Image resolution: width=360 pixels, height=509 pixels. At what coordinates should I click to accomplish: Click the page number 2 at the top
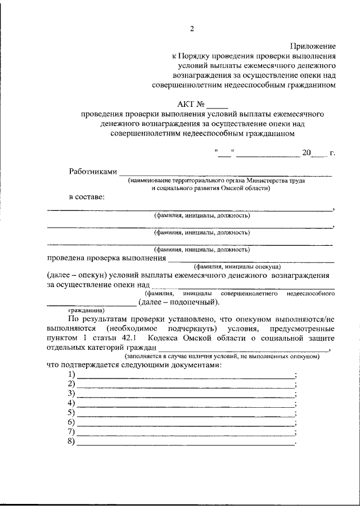[191, 29]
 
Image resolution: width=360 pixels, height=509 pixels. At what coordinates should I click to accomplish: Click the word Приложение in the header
[313, 46]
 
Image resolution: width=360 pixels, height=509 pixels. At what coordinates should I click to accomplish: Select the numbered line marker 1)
[71, 375]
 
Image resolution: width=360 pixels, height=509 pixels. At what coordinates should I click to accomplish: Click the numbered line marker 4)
[71, 403]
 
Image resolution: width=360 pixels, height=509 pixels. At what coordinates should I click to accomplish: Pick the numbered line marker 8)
[71, 441]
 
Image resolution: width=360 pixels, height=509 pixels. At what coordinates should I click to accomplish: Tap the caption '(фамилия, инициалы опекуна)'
[237, 267]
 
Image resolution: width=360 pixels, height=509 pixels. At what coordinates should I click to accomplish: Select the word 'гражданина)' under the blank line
[86, 310]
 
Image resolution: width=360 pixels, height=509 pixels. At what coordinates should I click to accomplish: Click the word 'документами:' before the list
[191, 364]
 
